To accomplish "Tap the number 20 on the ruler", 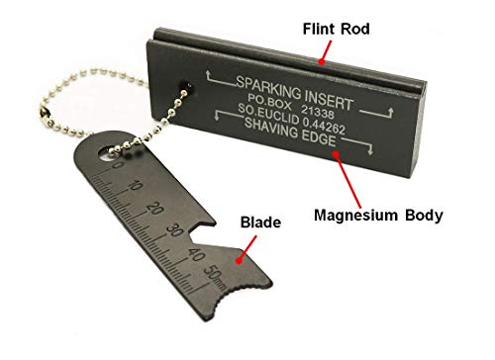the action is (154, 209).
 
